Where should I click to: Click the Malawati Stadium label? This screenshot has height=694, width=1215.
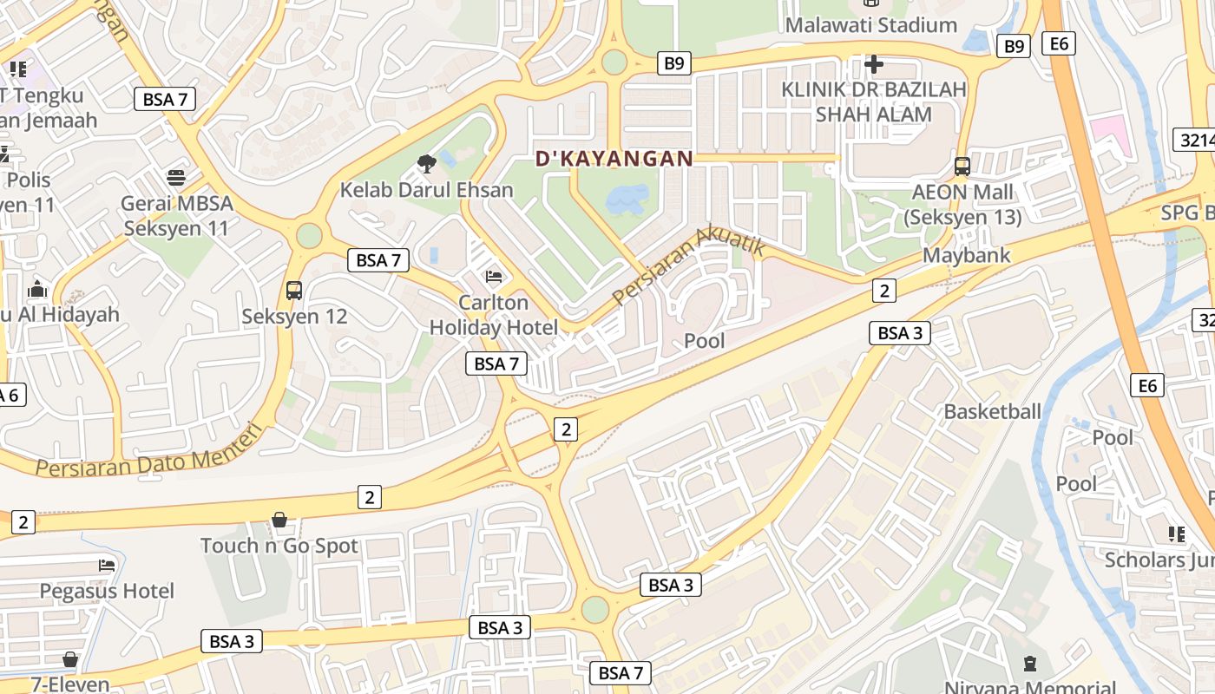[870, 25]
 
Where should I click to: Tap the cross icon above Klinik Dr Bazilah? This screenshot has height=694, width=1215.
[874, 64]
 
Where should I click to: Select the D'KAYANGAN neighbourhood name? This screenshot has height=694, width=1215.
[614, 159]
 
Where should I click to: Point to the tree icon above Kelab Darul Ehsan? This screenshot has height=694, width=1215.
[426, 162]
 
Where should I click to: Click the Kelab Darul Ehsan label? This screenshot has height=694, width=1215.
[426, 189]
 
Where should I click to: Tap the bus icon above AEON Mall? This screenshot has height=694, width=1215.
[962, 167]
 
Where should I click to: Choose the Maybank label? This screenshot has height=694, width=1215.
[966, 255]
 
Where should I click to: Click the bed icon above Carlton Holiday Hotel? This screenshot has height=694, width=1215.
[494, 277]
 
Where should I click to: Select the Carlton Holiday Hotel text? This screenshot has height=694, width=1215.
[494, 315]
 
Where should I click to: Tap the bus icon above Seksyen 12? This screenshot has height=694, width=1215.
[294, 291]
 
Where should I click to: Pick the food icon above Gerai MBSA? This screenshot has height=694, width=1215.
[177, 178]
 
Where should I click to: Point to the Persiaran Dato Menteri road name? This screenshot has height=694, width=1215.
[148, 453]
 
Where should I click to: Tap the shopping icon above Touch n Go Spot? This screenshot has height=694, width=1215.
[279, 520]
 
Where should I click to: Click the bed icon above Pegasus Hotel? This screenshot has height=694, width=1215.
[107, 566]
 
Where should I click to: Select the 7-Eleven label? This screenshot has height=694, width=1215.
[70, 684]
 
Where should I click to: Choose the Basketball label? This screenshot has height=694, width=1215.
[992, 411]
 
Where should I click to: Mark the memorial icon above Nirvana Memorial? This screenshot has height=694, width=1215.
[1030, 665]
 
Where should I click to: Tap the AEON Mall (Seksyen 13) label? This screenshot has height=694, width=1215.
[962, 204]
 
